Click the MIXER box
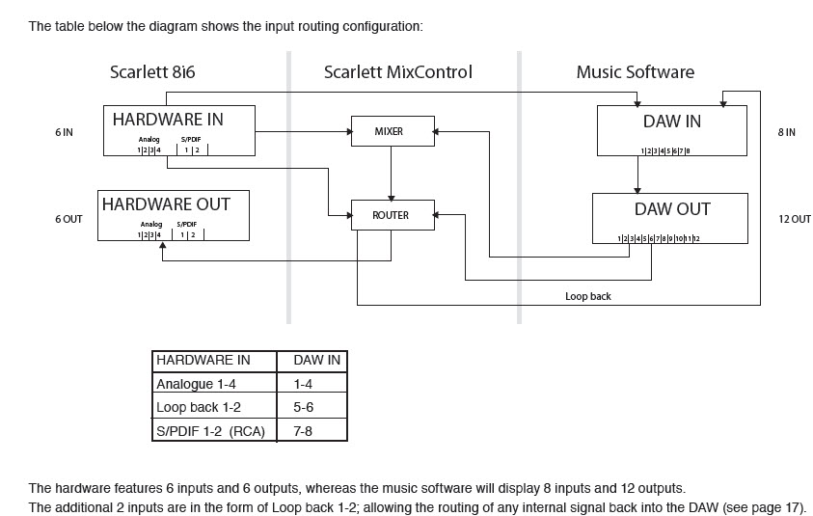(390, 131)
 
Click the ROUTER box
(390, 215)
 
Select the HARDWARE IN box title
(168, 120)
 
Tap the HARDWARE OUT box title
(166, 204)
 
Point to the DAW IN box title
(671, 122)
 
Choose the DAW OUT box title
(672, 208)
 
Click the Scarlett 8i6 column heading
(153, 72)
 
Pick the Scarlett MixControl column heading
(398, 72)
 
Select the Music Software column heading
(635, 72)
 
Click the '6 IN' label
(65, 132)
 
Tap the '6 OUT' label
(68, 219)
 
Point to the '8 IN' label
(786, 132)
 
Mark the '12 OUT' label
(794, 219)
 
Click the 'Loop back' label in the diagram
(587, 296)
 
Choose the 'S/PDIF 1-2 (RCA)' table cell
(210, 430)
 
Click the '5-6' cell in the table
(304, 407)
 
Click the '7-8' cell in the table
(304, 430)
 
